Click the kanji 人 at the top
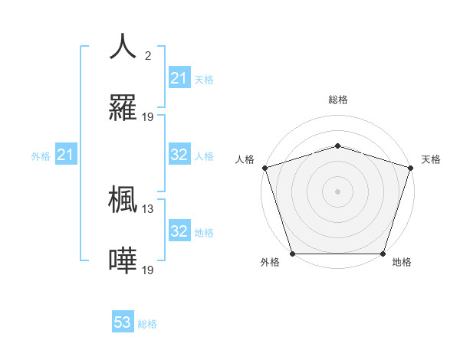click(x=123, y=46)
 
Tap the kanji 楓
click(x=123, y=199)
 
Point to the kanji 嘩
click(x=123, y=260)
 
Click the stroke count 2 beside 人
click(x=147, y=55)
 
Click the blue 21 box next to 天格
click(x=179, y=78)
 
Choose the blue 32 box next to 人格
click(x=179, y=155)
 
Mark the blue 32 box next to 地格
click(x=179, y=231)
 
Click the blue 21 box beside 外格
click(x=65, y=155)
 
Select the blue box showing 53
click(x=123, y=322)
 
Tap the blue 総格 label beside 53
click(x=148, y=324)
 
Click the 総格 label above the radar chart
click(x=337, y=100)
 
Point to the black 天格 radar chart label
click(x=432, y=159)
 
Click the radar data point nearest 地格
click(x=383, y=254)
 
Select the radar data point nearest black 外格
click(x=292, y=254)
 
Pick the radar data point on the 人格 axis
click(x=264, y=168)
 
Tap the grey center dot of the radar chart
click(x=337, y=191)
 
